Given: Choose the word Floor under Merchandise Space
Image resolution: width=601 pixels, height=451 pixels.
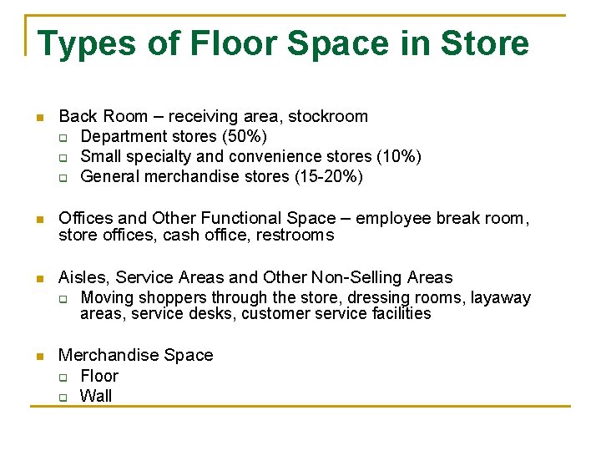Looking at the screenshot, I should [x=99, y=376].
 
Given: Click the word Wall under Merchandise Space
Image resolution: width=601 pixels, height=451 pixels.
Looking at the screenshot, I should [x=96, y=396].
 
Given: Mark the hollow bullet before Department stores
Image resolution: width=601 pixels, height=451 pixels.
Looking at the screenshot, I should [x=62, y=137].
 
